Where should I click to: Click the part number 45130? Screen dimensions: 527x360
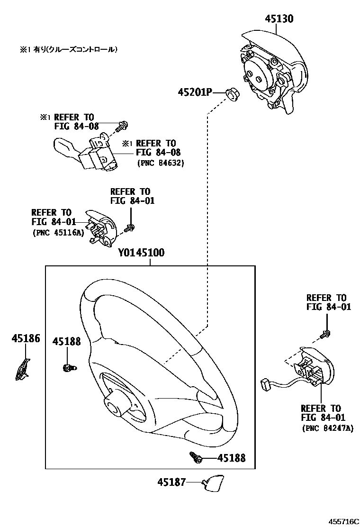[279, 18]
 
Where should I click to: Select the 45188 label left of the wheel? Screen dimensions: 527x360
[66, 341]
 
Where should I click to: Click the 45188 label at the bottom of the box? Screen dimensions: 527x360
[232, 458]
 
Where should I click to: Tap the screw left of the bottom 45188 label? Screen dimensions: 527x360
[196, 457]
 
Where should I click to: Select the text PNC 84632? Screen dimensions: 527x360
[160, 163]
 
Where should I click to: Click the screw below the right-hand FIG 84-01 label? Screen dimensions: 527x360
[325, 335]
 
